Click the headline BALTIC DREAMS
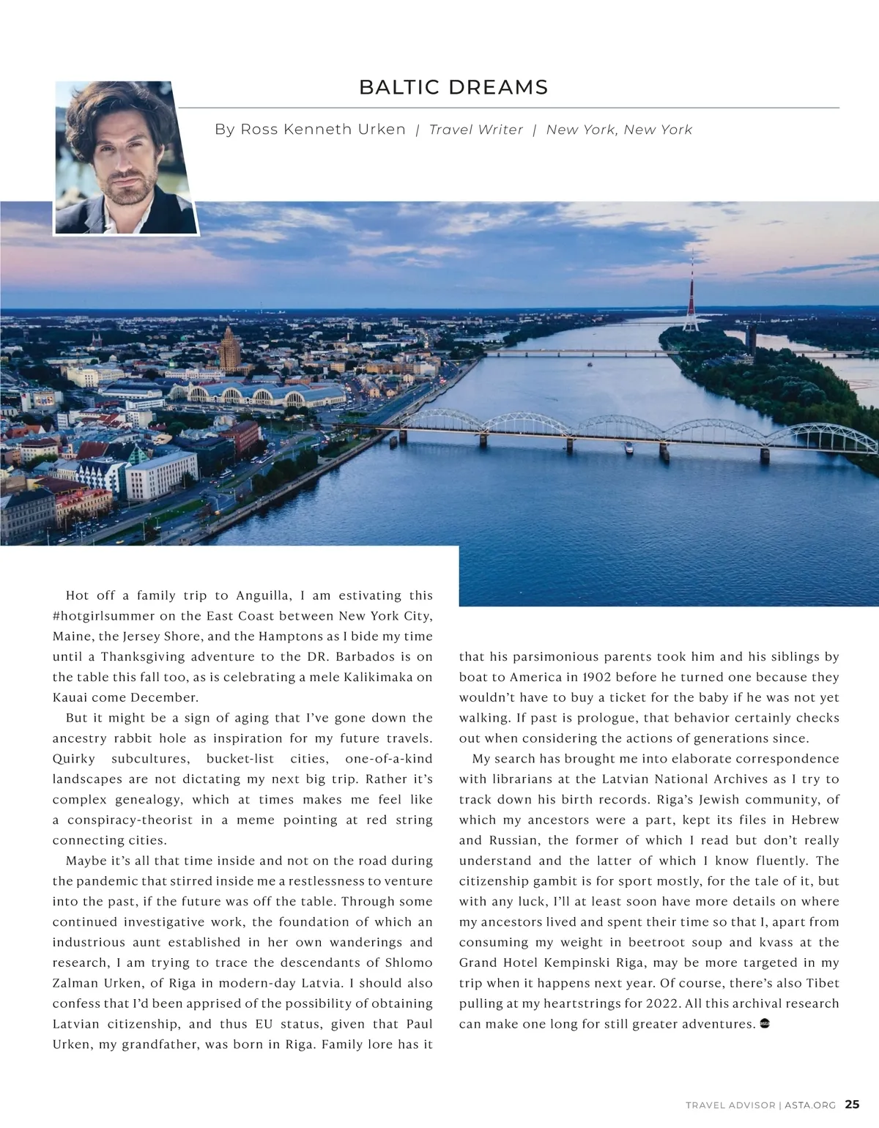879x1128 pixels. click(453, 87)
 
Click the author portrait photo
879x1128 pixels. click(125, 157)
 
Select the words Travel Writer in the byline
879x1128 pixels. click(476, 130)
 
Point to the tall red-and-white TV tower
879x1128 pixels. click(691, 293)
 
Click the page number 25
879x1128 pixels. click(852, 1104)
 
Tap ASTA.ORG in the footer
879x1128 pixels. click(810, 1105)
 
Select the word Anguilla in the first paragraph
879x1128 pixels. click(264, 595)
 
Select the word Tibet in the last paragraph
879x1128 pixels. click(823, 983)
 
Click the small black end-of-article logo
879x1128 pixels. click(765, 1023)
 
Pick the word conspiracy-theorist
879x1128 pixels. click(130, 820)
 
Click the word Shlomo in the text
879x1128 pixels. click(407, 962)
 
